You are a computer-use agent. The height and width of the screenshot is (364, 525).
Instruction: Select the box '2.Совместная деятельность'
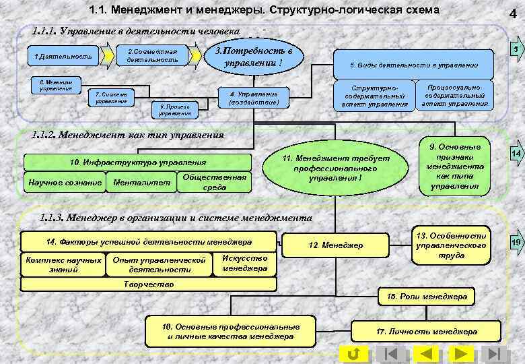(x=153, y=56)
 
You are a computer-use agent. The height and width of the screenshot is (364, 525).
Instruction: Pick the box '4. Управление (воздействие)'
(x=253, y=98)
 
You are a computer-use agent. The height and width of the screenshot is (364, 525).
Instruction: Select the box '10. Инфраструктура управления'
(x=139, y=162)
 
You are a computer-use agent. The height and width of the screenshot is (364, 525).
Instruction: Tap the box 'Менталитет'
(x=141, y=182)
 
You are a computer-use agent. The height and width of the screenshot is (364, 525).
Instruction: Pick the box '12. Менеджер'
(x=344, y=245)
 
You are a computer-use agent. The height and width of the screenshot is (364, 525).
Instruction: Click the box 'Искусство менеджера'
(x=244, y=263)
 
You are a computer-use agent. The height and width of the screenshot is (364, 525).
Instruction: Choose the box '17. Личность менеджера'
(x=427, y=331)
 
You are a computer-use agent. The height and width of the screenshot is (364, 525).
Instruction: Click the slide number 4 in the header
(x=514, y=12)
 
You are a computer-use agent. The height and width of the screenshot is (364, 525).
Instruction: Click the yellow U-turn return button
(x=354, y=354)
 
